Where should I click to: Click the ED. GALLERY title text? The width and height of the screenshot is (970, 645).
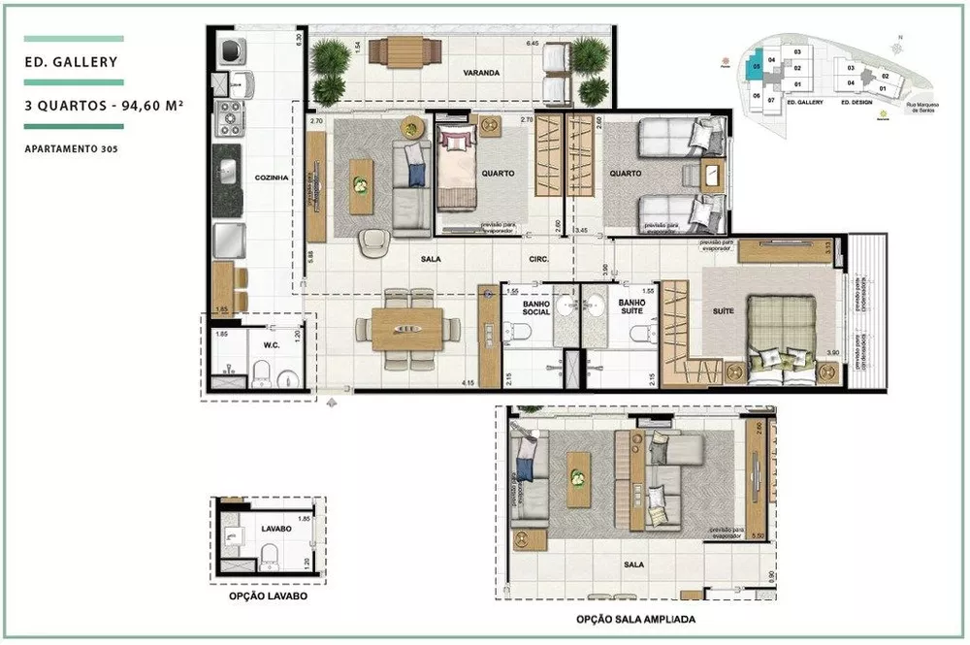click(x=72, y=63)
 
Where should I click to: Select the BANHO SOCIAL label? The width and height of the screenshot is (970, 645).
click(x=536, y=307)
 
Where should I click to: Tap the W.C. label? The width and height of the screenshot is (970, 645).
click(x=272, y=341)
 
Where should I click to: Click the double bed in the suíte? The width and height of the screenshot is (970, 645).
click(x=782, y=328)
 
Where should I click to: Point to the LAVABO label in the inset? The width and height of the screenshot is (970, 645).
click(x=276, y=531)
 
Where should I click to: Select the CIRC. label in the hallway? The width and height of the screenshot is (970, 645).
click(x=540, y=259)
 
